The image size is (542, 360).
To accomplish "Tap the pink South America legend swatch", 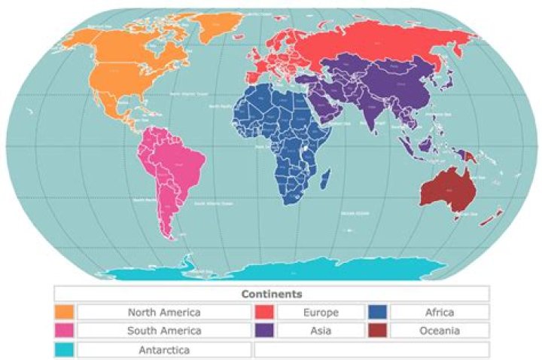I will (64, 331).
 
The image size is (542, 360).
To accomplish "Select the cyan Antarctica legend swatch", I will (64, 350).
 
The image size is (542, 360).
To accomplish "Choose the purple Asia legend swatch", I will (263, 331).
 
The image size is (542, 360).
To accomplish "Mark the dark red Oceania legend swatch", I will (377, 331).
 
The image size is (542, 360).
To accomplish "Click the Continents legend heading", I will (272, 294).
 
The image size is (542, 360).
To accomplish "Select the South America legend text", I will (164, 331).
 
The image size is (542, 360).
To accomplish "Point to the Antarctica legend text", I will (164, 350).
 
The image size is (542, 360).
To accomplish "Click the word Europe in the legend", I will (321, 312).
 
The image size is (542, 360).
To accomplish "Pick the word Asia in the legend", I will (321, 331).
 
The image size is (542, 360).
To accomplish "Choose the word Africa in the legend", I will (440, 312).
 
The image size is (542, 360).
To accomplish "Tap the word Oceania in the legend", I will (440, 331).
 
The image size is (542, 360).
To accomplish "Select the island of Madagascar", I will (326, 179).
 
